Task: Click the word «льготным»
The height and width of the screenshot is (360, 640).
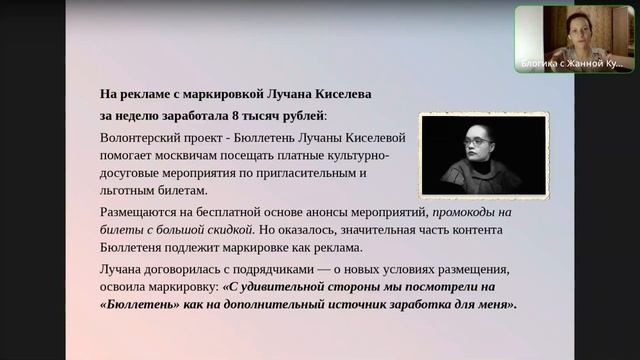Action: pos(130,189)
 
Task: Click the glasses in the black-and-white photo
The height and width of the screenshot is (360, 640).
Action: pos(478,144)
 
